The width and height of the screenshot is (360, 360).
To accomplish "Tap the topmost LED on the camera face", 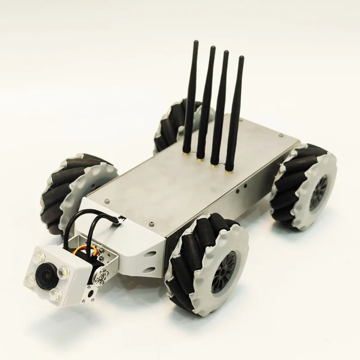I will [39, 258].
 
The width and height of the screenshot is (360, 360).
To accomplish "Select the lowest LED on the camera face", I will [56, 294].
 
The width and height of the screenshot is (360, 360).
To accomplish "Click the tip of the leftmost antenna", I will [197, 42].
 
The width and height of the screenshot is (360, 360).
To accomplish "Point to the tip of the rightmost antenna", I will [241, 58].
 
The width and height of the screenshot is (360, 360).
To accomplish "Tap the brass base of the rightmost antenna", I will [229, 171].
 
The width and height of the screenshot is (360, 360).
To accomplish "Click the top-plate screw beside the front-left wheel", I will [107, 200].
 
